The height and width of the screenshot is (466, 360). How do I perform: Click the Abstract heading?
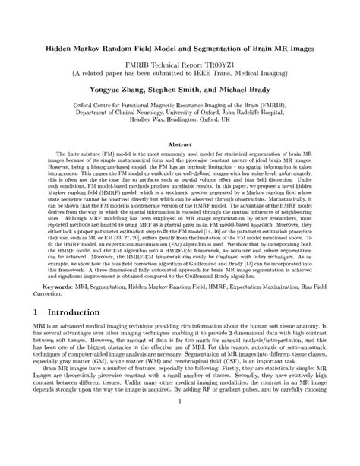pos(179,144)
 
